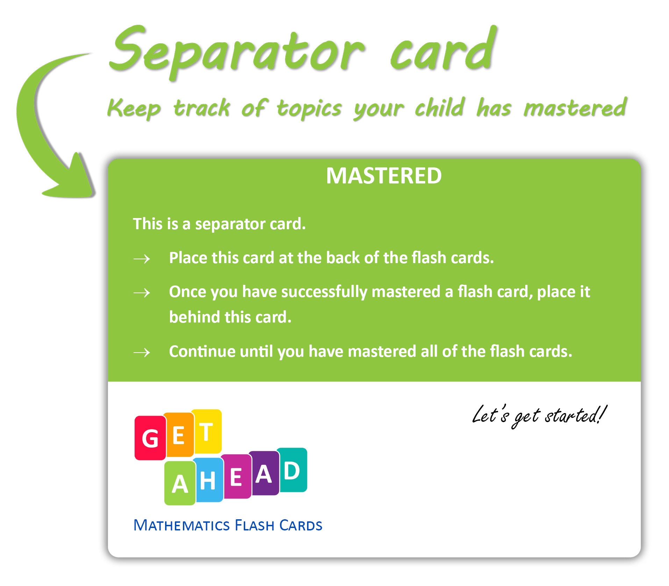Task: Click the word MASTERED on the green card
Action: pyautogui.click(x=384, y=175)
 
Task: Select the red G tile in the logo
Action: pyautogui.click(x=150, y=438)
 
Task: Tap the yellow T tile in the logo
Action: pyautogui.click(x=207, y=432)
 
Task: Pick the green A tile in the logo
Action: pyautogui.click(x=180, y=483)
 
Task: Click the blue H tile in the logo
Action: pyautogui.click(x=208, y=480)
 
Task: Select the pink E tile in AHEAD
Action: pyautogui.click(x=236, y=476)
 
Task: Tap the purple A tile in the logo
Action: pyautogui.click(x=264, y=473)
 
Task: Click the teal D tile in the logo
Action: pyautogui.click(x=292, y=470)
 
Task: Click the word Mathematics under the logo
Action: pyautogui.click(x=182, y=526)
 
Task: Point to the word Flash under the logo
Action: pyautogui.click(x=255, y=526)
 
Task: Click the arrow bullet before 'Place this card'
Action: pyautogui.click(x=142, y=259)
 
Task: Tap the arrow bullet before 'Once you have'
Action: pyautogui.click(x=142, y=292)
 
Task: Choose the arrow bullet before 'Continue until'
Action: pyautogui.click(x=142, y=352)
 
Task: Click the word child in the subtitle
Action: pyautogui.click(x=440, y=108)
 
